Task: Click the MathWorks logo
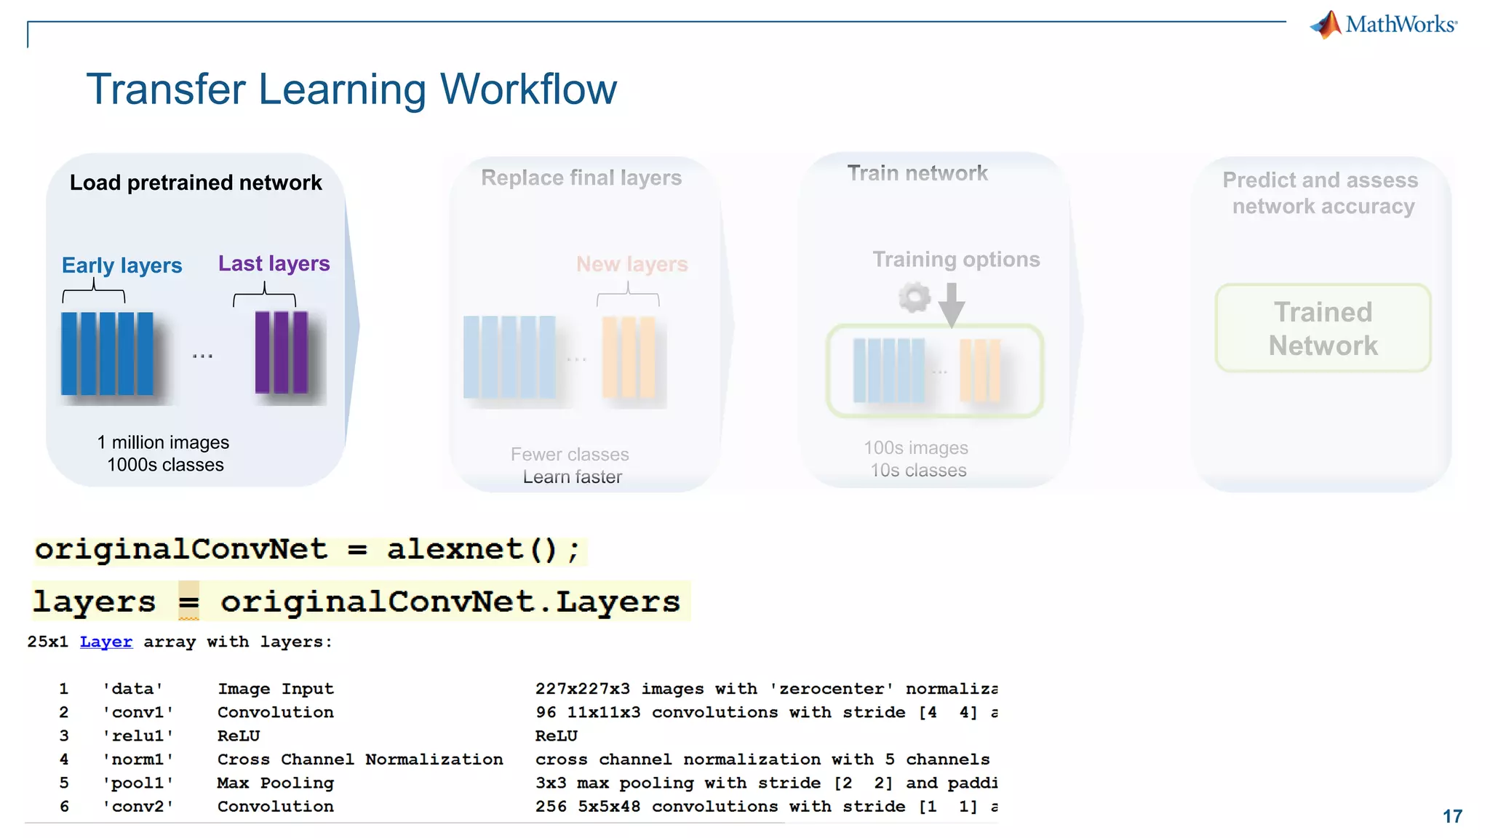[1384, 25]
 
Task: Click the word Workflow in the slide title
[528, 89]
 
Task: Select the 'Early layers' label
[121, 266]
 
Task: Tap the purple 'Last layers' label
[274, 263]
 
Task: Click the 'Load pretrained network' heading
[195, 183]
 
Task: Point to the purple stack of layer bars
[282, 352]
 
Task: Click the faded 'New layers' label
[632, 264]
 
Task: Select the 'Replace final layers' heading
[581, 177]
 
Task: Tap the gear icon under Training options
[915, 298]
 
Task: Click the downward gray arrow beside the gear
[951, 304]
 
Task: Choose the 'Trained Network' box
[1323, 329]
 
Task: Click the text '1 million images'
[163, 442]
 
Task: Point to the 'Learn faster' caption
[572, 477]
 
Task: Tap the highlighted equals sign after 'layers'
[188, 602]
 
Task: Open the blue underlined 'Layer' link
[106, 642]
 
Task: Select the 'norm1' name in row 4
[138, 759]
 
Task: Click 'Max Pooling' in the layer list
[275, 783]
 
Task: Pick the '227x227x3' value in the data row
[582, 689]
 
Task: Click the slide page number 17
[1452, 816]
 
